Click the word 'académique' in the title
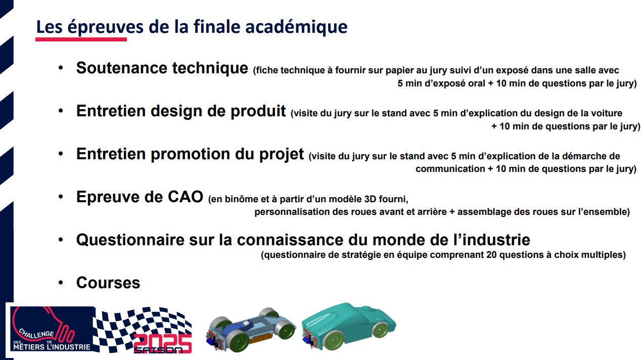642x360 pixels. [296, 27]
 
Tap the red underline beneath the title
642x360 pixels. [81, 39]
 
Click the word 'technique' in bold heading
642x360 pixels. [210, 68]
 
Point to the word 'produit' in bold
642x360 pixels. [258, 112]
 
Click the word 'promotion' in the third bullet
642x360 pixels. [191, 155]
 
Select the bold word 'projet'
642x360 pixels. [282, 155]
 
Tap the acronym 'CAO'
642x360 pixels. [186, 197]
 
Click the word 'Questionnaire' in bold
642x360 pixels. [130, 240]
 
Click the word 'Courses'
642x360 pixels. [108, 283]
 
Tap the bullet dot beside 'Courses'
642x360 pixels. [61, 283]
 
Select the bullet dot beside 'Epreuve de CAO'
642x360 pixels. [61, 197]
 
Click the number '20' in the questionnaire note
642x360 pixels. [491, 254]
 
